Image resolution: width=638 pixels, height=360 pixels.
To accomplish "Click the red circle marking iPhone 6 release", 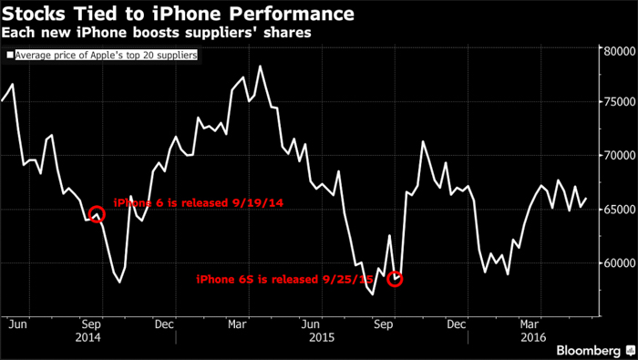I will coord(96,214).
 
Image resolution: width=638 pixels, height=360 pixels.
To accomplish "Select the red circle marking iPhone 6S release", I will coord(395,278).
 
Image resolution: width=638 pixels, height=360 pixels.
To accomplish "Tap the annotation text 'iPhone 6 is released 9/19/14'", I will coord(199,202).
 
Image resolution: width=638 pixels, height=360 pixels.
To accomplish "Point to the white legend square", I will coord(9,55).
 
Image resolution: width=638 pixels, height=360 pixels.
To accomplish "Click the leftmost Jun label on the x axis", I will coord(14,322).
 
